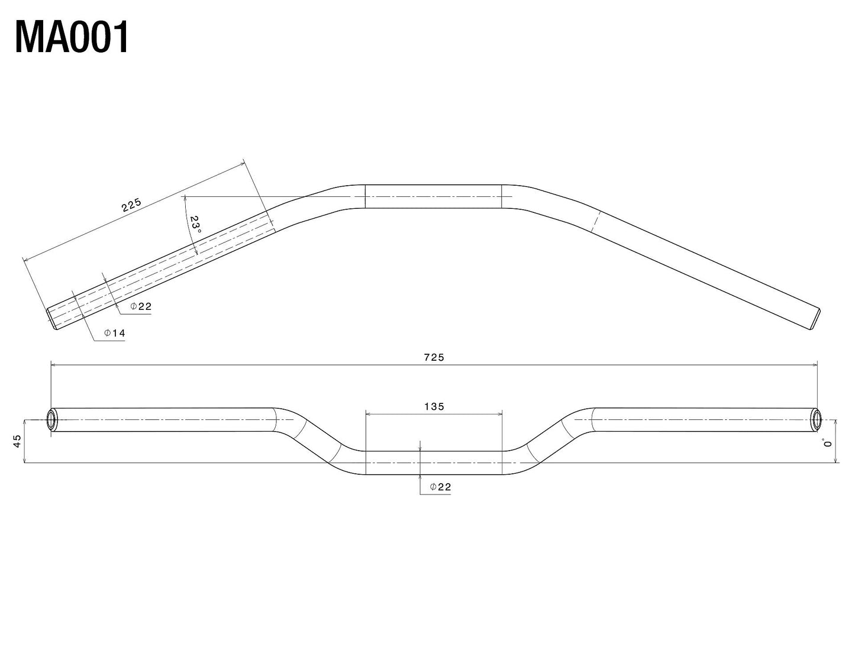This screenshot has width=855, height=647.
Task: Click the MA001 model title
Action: coord(72,38)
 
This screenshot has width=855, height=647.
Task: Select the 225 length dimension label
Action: coord(131,205)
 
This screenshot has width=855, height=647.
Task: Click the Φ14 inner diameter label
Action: coord(115,334)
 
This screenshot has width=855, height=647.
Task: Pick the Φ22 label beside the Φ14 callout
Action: coord(141,306)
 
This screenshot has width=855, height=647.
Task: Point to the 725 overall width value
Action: coord(434,357)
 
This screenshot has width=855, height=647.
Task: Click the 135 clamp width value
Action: coord(434,406)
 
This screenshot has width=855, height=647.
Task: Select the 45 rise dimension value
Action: coord(17,441)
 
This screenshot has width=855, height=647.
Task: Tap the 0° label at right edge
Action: coord(827,442)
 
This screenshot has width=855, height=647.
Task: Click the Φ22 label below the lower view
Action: coord(440,487)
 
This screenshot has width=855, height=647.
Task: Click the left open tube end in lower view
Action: coord(51,420)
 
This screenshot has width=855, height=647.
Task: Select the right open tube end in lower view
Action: coord(817,419)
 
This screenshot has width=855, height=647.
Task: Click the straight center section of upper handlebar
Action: coord(433,196)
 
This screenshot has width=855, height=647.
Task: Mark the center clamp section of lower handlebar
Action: coord(434,462)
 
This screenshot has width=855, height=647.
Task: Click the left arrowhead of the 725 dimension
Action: coord(54,365)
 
